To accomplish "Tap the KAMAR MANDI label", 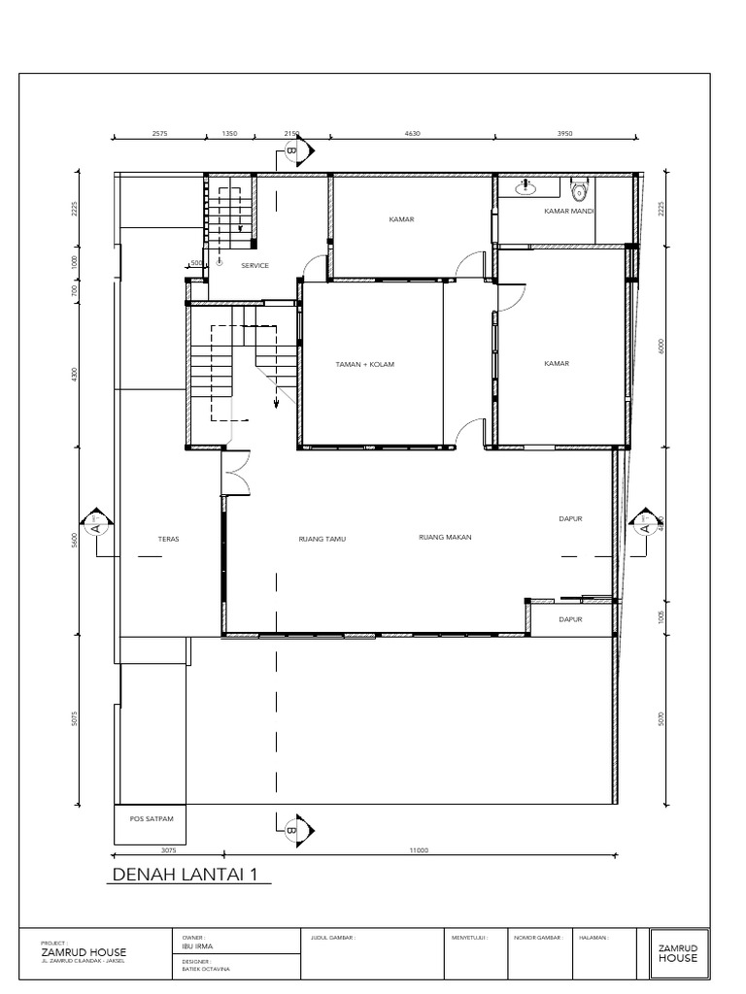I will [568, 211].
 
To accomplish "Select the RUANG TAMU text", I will [322, 538].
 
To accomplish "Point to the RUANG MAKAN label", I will [444, 537].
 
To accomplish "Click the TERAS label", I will [168, 538].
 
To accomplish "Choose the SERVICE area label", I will [254, 265].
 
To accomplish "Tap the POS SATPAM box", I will [151, 818].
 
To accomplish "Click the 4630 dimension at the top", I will [412, 134].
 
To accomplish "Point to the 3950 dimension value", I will [565, 134].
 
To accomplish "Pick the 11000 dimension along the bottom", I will [419, 850].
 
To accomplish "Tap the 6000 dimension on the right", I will [661, 347].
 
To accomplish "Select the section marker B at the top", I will [292, 150].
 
